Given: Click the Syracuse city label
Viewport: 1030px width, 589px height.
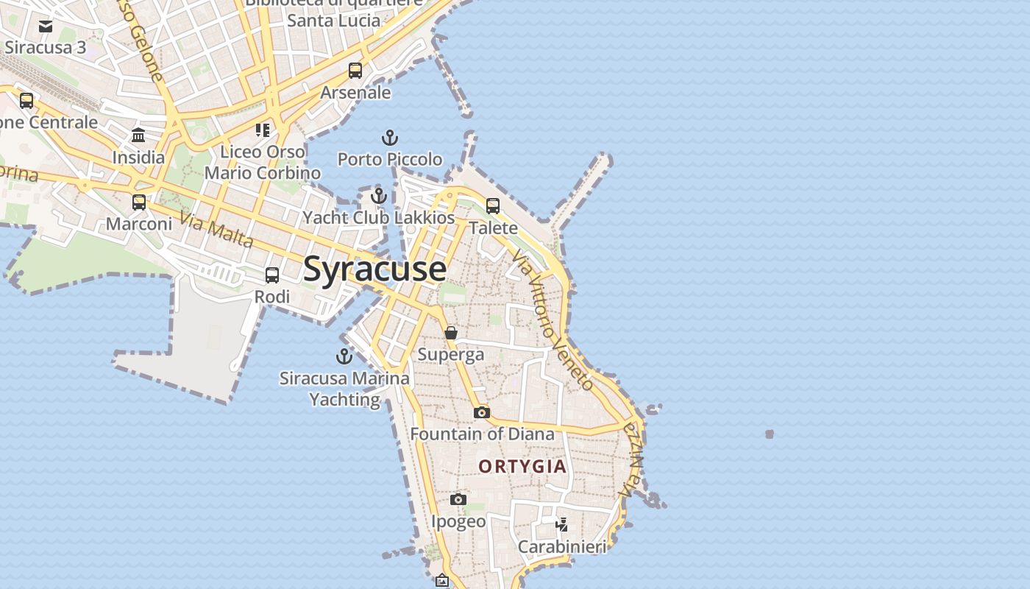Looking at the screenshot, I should pos(374,269).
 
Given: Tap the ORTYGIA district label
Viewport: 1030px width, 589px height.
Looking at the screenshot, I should pos(522,466).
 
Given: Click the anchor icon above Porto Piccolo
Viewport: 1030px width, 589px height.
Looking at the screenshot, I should pos(389,138).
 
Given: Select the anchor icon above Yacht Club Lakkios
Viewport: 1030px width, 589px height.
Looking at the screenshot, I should pos(378,196).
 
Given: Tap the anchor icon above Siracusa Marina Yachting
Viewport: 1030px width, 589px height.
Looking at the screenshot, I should pos(344,356).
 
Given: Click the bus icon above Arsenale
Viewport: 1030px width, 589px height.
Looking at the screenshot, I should pos(355,71).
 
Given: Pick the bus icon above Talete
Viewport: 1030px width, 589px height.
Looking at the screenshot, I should pos(493,206).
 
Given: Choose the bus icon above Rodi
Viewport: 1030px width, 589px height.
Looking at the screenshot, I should pos(272,275).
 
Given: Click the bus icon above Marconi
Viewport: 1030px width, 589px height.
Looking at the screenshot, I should pos(139,202).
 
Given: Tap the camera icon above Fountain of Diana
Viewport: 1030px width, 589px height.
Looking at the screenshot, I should pos(482,412).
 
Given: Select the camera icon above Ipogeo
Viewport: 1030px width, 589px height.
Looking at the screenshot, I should pos(458,500).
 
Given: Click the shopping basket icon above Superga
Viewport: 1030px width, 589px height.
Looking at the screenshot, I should pos(451,333).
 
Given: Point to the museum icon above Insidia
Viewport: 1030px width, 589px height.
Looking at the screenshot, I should pos(138,135).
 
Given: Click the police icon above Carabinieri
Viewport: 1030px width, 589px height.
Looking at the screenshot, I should pos(562,524).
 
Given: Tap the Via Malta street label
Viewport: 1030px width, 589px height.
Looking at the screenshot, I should pos(216,230).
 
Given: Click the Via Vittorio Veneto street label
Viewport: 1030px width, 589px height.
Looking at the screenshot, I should pos(553,320).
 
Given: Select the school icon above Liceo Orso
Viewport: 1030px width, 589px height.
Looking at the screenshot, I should pos(263,130).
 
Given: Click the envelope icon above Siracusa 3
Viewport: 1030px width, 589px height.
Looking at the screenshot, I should pos(46,27).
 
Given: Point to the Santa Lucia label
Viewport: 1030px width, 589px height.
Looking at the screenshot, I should pos(334,20).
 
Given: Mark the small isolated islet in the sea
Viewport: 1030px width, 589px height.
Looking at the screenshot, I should pos(770,434).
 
